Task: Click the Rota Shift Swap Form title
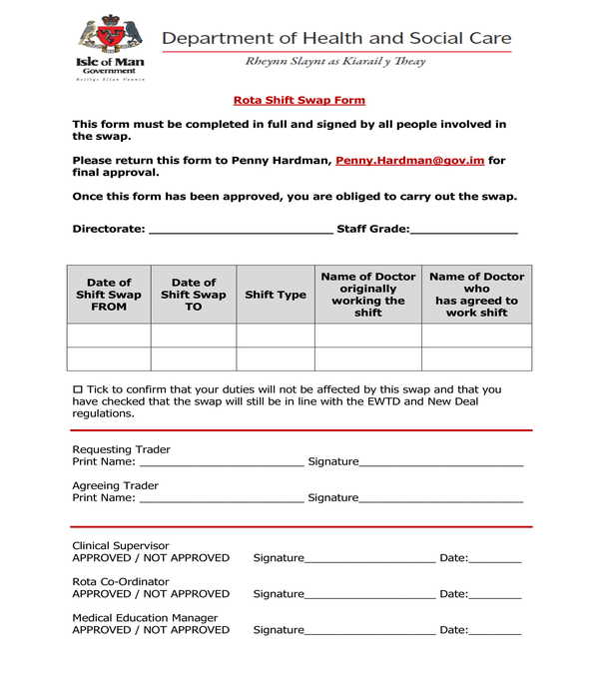tap(299, 100)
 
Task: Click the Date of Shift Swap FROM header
tap(109, 295)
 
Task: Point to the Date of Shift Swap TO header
tap(194, 295)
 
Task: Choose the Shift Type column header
tap(276, 295)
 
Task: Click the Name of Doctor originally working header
tap(367, 295)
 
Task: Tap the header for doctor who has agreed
tap(476, 295)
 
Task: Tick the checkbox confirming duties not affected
tap(78, 389)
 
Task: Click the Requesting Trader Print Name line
tap(221, 462)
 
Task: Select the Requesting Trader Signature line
tap(441, 462)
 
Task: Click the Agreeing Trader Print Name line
tap(221, 498)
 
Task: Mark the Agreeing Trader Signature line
tap(441, 498)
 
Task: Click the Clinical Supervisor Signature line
tap(370, 558)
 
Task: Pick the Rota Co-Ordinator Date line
tap(495, 594)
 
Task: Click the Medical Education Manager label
tap(145, 618)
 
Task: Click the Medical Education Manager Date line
tap(495, 630)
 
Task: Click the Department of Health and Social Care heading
tap(336, 39)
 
